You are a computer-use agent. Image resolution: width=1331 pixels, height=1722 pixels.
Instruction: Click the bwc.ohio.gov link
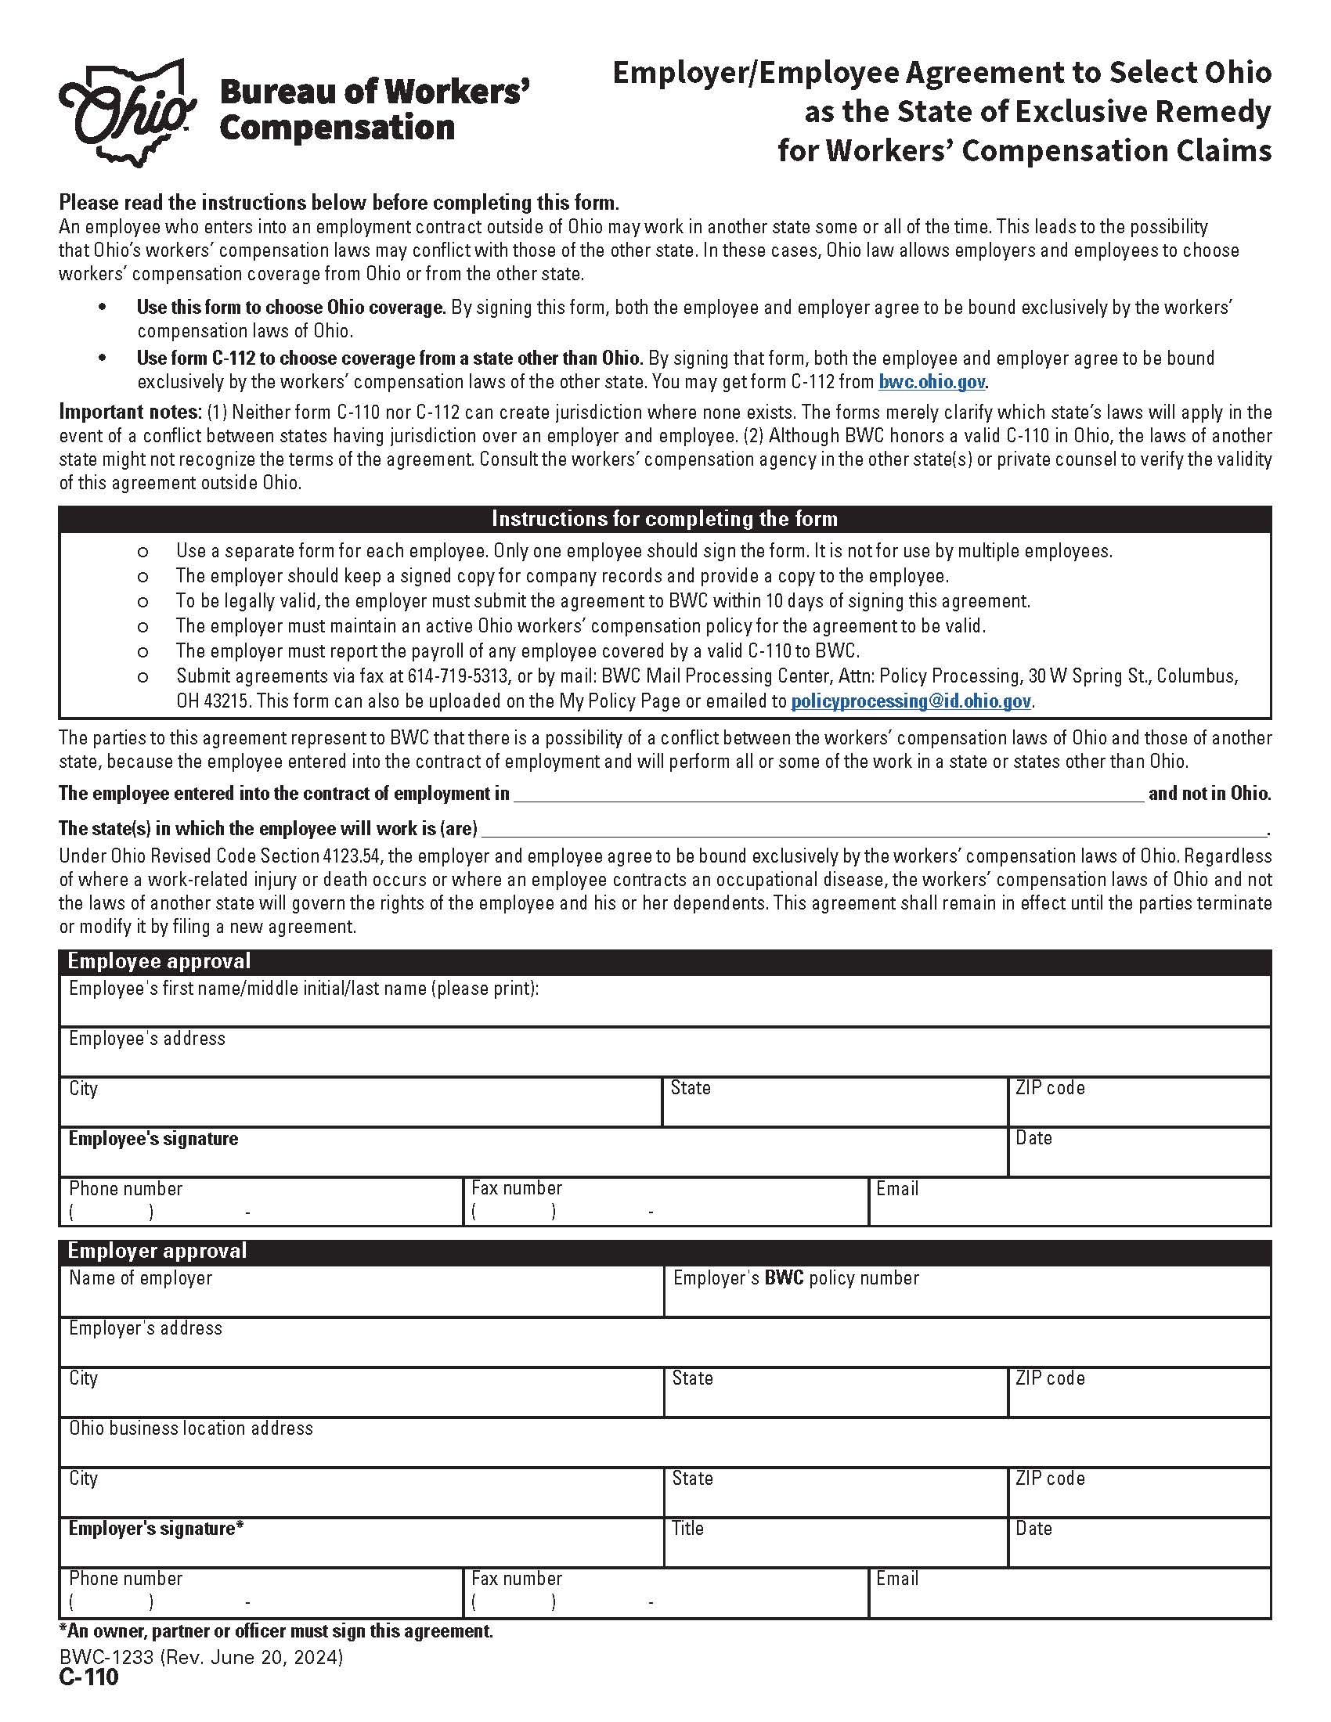coord(931,383)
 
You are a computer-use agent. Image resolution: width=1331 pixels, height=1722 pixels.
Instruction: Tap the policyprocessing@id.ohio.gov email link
coord(911,701)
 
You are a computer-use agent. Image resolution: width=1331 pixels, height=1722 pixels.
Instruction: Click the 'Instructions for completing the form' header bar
coord(665,519)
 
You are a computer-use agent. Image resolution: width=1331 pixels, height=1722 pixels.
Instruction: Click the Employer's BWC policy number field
coord(967,1298)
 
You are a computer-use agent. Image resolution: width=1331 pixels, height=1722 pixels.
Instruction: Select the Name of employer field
coord(361,1298)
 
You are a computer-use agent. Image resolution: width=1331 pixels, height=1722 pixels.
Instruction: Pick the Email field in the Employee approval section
coord(1069,1208)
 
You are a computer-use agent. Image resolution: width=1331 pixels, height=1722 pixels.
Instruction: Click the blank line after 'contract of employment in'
coord(828,793)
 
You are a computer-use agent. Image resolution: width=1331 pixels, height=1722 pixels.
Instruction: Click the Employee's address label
coord(146,1039)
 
